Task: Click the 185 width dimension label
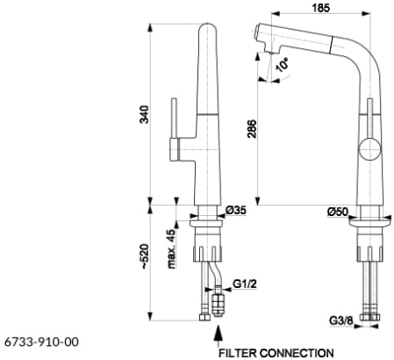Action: click(320, 7)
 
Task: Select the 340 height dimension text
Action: click(145, 114)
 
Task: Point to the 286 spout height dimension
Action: click(252, 129)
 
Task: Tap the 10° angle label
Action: click(282, 65)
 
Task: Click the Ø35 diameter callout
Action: click(236, 210)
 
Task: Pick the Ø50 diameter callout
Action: click(338, 212)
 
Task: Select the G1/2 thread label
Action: click(245, 284)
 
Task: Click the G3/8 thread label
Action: click(341, 320)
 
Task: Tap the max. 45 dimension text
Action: click(171, 248)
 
